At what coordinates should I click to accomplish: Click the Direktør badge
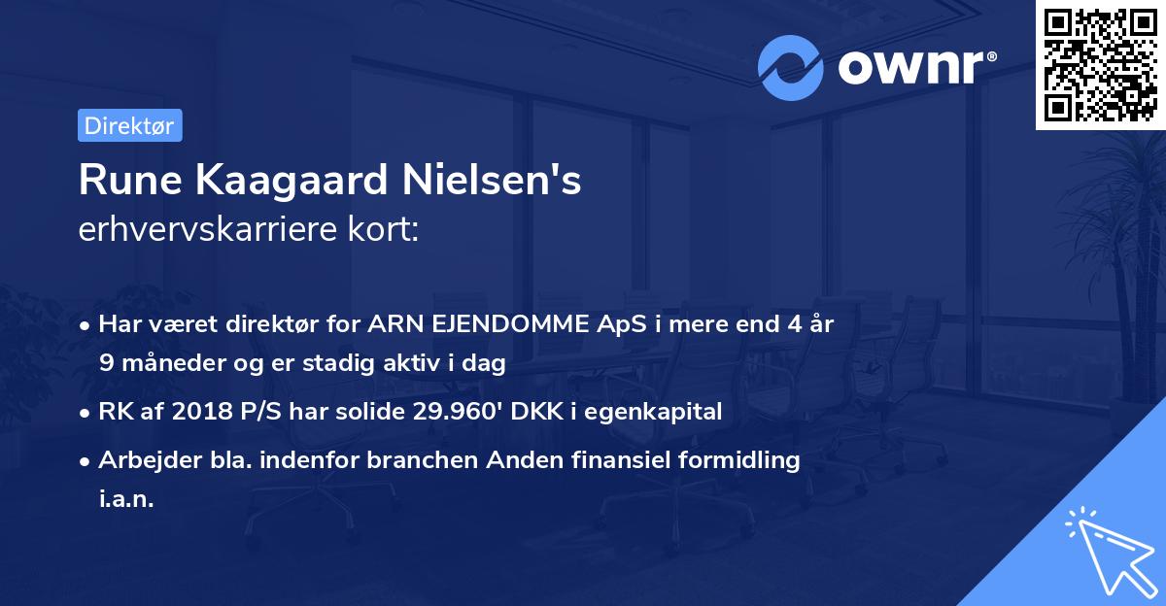pyautogui.click(x=129, y=125)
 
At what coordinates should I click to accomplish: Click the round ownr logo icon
pyautogui.click(x=790, y=67)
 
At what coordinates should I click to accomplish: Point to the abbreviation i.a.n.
pyautogui.click(x=126, y=498)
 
